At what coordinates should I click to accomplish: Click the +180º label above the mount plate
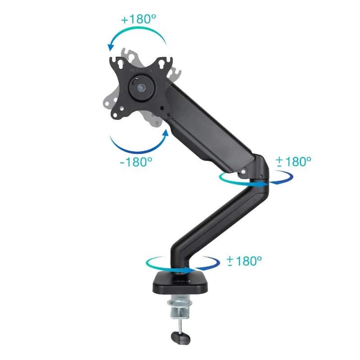tap(137, 20)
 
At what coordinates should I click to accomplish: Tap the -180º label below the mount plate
tap(136, 162)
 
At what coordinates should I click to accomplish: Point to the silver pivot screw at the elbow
tap(243, 171)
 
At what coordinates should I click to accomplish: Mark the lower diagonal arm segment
tap(216, 220)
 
